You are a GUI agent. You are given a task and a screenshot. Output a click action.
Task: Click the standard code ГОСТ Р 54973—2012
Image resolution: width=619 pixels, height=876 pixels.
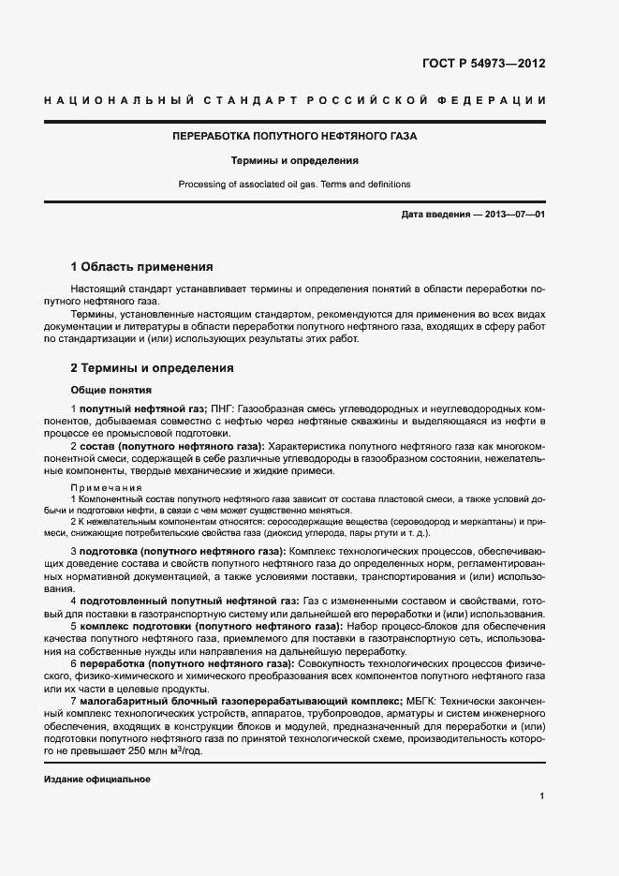point(484,64)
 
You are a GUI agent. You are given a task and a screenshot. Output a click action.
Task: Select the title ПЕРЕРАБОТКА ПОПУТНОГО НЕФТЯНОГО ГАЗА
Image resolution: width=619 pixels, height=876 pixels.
point(295,136)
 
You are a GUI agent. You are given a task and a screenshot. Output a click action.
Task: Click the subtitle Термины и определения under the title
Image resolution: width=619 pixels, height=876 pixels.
point(295,160)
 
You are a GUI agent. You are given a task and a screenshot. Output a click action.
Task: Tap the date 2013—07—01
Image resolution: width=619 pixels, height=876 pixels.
point(514,215)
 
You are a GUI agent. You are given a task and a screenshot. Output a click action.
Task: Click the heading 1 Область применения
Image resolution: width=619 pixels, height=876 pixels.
point(142,266)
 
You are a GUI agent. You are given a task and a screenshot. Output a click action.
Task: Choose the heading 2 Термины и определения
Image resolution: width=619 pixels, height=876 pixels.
point(153,368)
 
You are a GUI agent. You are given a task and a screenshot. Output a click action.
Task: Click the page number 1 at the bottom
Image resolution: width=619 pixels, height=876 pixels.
point(542,796)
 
